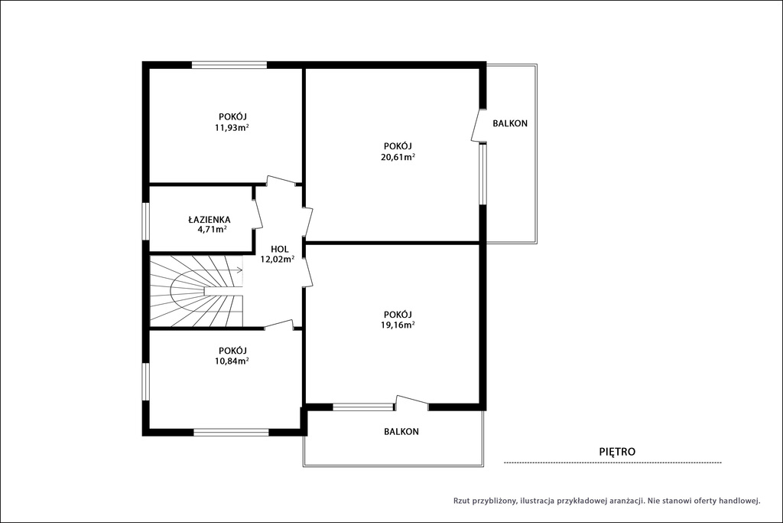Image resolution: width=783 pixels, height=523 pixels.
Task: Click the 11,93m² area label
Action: click(x=232, y=128)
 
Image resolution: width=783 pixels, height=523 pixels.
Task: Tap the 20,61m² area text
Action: click(x=398, y=156)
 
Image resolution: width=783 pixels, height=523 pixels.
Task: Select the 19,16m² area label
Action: click(x=398, y=325)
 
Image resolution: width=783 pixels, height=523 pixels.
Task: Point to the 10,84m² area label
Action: click(x=232, y=361)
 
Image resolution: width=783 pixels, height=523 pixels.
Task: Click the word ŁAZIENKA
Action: click(x=210, y=220)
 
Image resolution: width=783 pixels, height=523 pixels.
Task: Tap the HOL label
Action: click(x=280, y=249)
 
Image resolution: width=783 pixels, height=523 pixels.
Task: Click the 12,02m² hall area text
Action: click(x=277, y=259)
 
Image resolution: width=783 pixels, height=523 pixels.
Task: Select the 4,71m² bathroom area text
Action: click(x=213, y=230)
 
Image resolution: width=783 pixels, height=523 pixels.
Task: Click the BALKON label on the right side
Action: click(x=510, y=123)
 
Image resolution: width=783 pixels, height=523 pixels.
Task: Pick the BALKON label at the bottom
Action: click(x=401, y=432)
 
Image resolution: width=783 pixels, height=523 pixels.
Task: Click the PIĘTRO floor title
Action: click(x=617, y=452)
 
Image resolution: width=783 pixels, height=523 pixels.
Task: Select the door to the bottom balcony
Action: click(x=412, y=402)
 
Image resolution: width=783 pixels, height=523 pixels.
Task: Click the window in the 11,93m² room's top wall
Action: click(x=229, y=64)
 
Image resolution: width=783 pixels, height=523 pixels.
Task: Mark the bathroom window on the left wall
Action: click(x=146, y=221)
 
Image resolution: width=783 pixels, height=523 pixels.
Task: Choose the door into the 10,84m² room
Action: click(x=278, y=325)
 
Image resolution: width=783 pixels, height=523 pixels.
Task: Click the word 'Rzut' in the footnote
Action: click(x=462, y=501)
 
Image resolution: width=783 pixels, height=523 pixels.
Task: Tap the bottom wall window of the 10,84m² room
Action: click(x=231, y=432)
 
